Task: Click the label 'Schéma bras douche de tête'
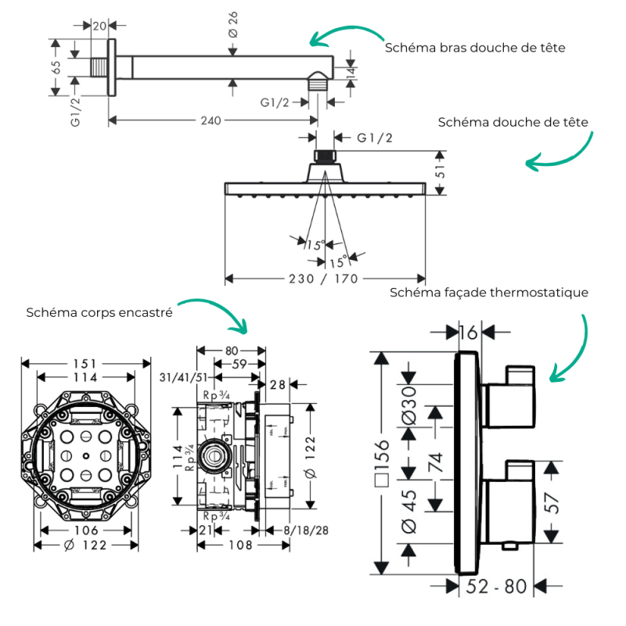pyautogui.click(x=475, y=48)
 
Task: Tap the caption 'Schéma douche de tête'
pyautogui.click(x=513, y=122)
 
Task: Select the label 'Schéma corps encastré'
pyautogui.click(x=99, y=312)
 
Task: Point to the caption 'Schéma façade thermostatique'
pyautogui.click(x=489, y=292)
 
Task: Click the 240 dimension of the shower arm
pyautogui.click(x=210, y=121)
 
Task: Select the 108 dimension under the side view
pyautogui.click(x=235, y=545)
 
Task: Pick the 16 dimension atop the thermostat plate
pyautogui.click(x=467, y=332)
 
